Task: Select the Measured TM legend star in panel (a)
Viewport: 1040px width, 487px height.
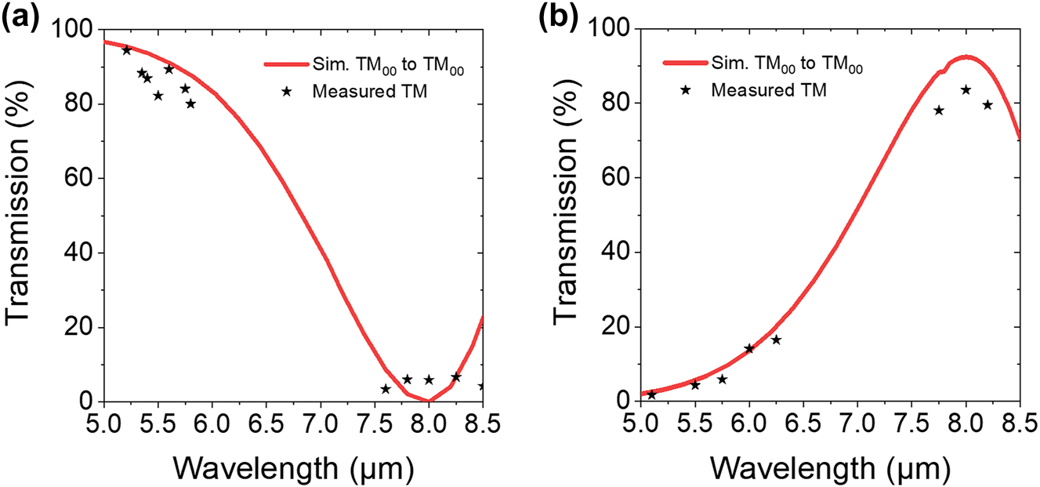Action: [287, 91]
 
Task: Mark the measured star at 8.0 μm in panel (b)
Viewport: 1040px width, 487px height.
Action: [966, 90]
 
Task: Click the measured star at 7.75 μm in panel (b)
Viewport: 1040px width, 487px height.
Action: [939, 111]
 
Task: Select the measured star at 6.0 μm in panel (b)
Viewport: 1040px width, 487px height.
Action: [749, 348]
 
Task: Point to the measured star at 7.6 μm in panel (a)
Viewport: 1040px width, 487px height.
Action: [386, 389]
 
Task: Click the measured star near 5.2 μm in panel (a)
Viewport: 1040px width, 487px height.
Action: [127, 50]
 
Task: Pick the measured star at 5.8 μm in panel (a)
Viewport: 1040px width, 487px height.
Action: [190, 104]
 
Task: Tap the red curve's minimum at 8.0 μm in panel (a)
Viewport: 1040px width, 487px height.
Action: [428, 401]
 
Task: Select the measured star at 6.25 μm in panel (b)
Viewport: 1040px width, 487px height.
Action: [776, 340]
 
